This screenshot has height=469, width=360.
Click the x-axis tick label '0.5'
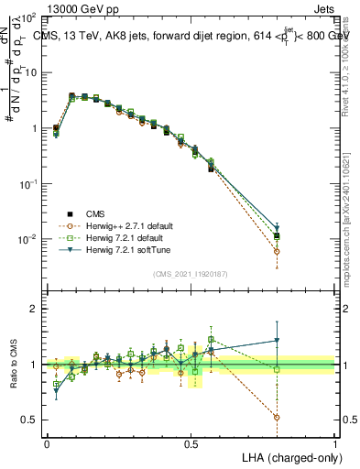click(x=191, y=444)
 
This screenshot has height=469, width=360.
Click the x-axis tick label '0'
click(x=47, y=444)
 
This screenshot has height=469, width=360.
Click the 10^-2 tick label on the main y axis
click(x=26, y=239)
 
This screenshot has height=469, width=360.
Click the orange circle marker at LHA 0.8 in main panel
click(x=278, y=251)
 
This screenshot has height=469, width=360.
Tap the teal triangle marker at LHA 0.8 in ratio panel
click(x=278, y=341)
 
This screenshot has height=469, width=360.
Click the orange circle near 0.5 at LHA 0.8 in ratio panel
click(x=278, y=417)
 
